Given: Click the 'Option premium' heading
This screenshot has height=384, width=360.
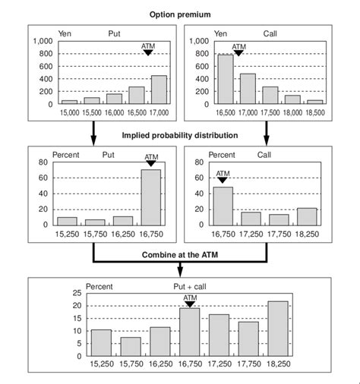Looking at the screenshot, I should tap(180, 15).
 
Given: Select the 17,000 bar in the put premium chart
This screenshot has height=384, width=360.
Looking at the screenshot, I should tap(159, 90).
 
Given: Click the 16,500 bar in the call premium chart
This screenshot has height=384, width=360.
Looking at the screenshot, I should tap(226, 79).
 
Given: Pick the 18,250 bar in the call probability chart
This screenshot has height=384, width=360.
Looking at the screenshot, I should tap(306, 216).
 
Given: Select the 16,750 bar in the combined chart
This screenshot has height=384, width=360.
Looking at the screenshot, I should tap(189, 332).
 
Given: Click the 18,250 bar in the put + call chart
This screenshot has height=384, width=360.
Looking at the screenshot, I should tap(278, 328).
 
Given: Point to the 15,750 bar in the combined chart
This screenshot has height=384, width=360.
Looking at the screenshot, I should tap(130, 346).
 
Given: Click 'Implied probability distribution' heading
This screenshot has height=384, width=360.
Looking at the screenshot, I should tap(180, 135).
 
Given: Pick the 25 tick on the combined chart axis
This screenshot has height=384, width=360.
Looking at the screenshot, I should tap(76, 293).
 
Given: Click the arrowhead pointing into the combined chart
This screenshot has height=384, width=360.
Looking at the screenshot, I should tap(180, 272).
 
